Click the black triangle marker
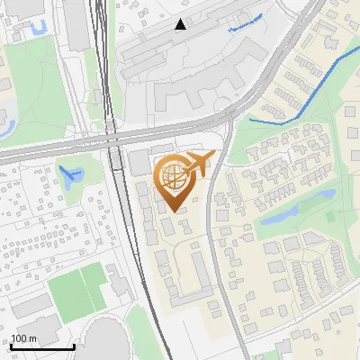181,23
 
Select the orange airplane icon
198,164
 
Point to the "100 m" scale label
24,338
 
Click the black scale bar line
42,347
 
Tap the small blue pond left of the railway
67,174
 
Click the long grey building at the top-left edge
75,22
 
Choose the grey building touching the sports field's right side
120,285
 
